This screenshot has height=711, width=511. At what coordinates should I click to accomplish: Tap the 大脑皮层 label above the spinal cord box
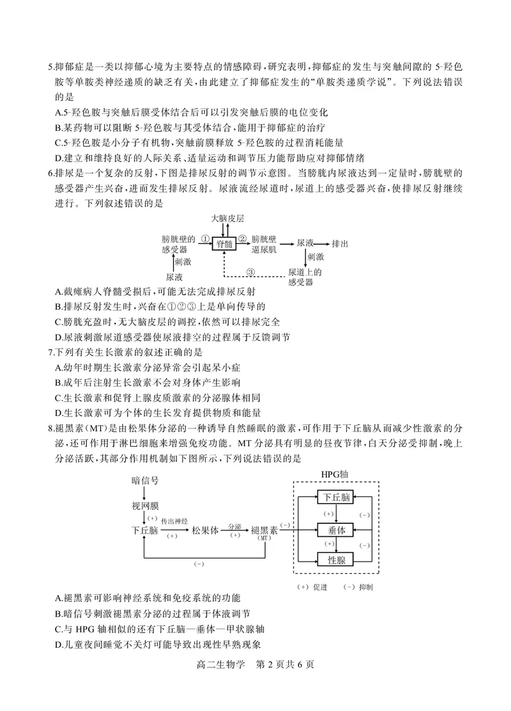pos(227,218)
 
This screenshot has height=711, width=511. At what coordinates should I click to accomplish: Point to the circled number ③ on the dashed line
pos(250,272)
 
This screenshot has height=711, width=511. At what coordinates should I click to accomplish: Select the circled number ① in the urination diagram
pos(205,239)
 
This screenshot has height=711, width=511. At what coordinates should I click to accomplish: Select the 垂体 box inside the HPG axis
pos(336,530)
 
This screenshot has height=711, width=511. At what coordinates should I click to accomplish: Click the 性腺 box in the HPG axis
pos(336,560)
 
